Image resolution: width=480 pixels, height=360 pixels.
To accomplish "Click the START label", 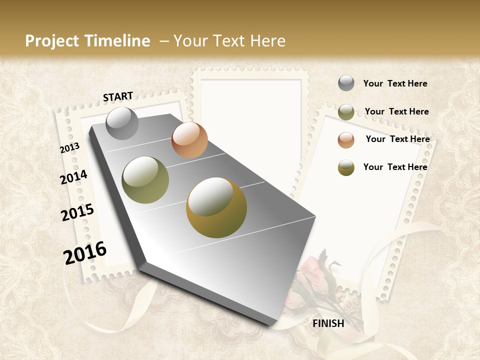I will coord(118,96).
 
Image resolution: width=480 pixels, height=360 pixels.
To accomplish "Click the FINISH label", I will coord(328,323).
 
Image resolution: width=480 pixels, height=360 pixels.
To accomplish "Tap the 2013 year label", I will coord(69,148).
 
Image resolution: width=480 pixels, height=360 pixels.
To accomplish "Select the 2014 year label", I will coord(74,177).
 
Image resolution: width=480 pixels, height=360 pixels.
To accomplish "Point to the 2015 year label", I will coord(77,212).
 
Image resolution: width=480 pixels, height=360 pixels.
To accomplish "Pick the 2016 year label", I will coord(85,252).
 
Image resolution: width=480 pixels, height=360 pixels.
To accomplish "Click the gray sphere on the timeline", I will coord(122,123).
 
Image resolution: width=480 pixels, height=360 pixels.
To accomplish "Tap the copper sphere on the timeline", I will coord(189,140).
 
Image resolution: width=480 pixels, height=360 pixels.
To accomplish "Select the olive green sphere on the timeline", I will coord(145,180).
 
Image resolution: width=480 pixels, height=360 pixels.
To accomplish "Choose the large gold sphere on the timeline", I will coord(216,207).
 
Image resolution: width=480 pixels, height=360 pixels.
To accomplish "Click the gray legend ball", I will coord(346,83).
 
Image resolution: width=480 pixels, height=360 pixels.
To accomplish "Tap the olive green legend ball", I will coord(346,112).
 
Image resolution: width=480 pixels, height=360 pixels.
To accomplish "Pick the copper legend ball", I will coord(346,139).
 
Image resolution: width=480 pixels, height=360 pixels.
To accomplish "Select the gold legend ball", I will coord(346,167).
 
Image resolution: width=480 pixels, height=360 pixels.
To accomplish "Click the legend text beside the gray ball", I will coord(395,84).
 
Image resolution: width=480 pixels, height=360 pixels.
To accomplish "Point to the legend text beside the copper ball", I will coord(397,139).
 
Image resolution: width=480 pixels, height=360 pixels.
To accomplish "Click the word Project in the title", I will coord(52,41).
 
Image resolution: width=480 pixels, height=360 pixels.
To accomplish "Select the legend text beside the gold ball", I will coord(395,167).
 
